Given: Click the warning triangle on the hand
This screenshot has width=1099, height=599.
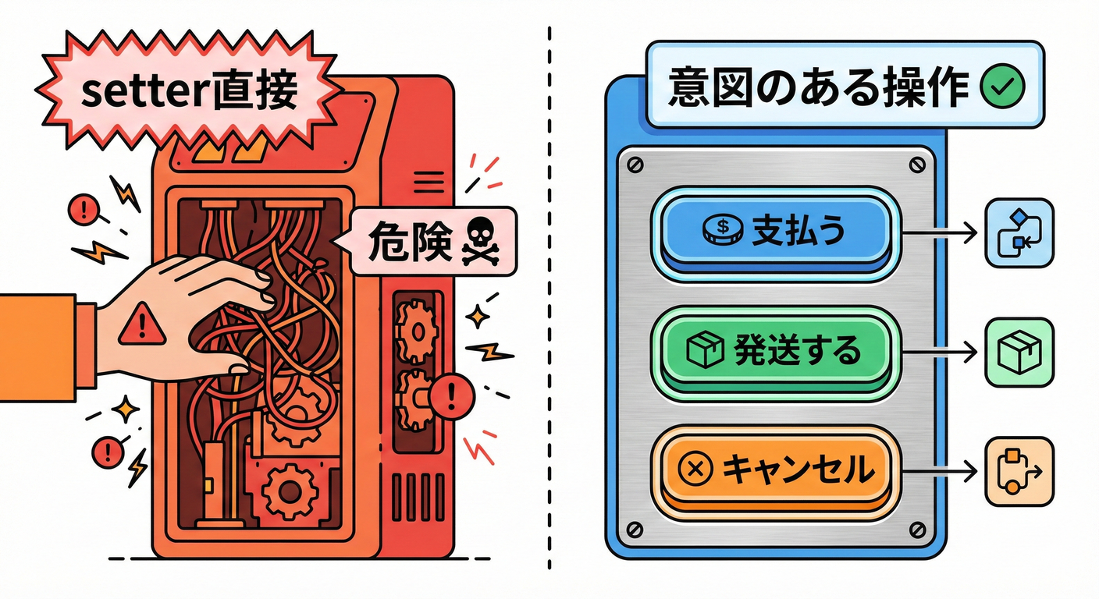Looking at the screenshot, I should coord(141,326).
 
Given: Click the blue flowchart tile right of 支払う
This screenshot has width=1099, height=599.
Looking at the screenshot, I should coord(1019,232).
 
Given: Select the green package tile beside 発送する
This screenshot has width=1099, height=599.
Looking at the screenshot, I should coord(1019,352).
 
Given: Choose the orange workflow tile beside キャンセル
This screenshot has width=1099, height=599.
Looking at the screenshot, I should coord(1019,470).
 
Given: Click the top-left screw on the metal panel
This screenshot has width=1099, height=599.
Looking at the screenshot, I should coord(633,165).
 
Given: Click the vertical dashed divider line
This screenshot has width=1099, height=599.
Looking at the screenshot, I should coord(549,312).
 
